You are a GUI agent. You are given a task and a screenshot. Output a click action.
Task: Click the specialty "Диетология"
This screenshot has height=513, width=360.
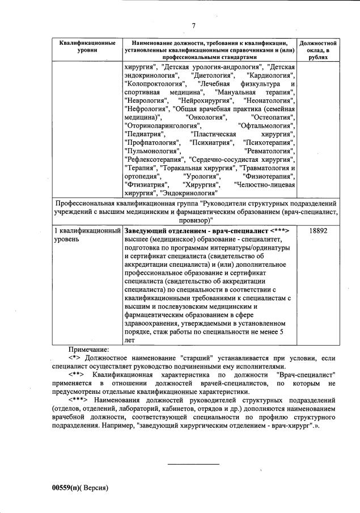click(213, 75)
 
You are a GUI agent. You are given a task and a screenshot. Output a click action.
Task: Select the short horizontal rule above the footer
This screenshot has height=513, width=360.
click(193, 465)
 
